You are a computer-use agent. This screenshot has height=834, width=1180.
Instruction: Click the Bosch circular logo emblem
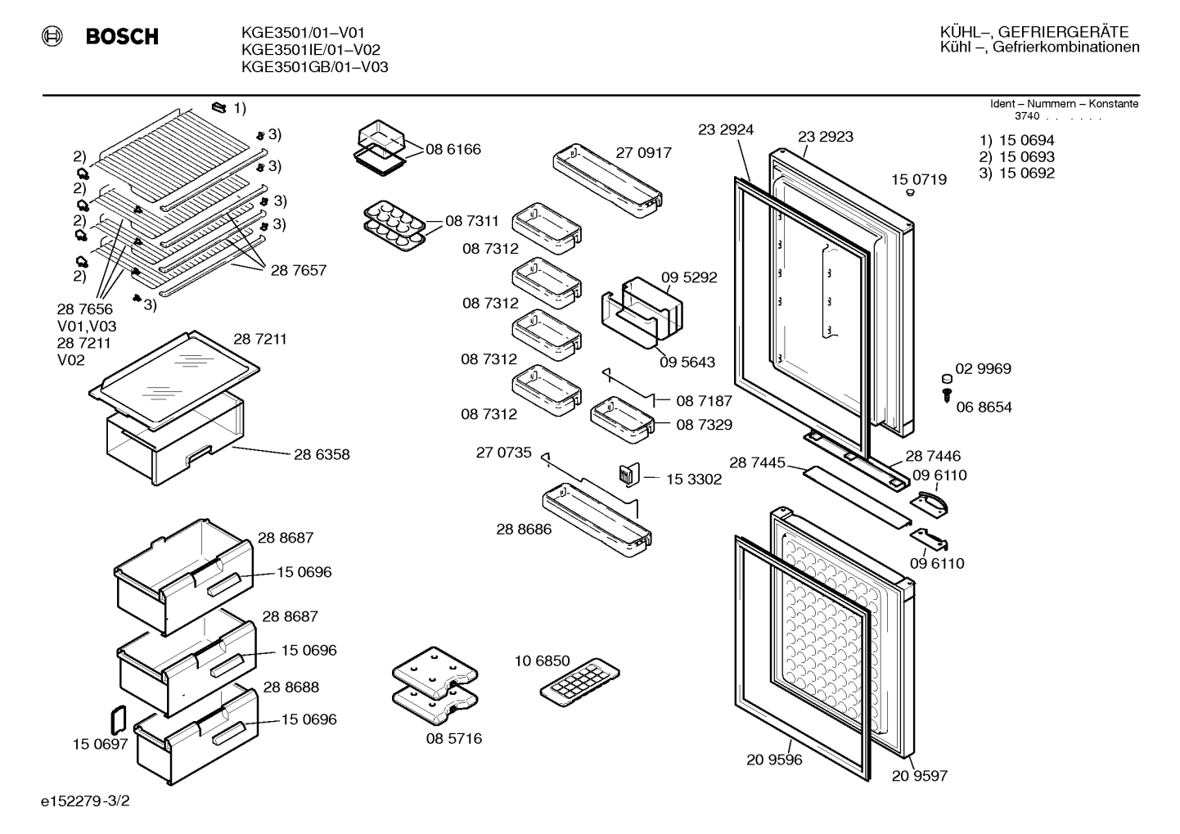click(x=52, y=36)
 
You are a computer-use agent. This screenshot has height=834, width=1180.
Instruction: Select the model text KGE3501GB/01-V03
click(x=314, y=67)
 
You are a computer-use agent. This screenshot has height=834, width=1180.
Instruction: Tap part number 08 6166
click(x=453, y=149)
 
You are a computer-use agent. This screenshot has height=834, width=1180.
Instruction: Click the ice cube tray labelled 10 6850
click(x=579, y=682)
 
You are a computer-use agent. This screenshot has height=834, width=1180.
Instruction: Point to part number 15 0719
click(x=919, y=180)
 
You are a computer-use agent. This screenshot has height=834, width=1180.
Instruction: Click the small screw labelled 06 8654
click(x=947, y=395)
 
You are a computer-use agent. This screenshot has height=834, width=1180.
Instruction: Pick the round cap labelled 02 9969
click(x=947, y=378)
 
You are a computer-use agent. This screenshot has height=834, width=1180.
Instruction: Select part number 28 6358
click(x=322, y=454)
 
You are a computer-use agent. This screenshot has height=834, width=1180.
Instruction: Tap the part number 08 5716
click(x=454, y=738)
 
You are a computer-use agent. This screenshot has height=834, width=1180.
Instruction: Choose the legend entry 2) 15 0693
click(x=1016, y=157)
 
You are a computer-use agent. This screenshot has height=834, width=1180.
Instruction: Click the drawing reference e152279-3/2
click(x=85, y=800)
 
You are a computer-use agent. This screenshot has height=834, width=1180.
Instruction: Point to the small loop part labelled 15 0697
click(x=118, y=719)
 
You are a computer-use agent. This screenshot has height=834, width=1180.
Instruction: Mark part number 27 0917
click(x=644, y=153)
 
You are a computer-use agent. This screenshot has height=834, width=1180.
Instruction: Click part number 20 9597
click(x=919, y=776)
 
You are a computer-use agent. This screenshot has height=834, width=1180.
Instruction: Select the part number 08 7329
click(x=704, y=425)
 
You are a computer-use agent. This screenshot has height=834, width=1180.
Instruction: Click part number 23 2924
click(x=726, y=129)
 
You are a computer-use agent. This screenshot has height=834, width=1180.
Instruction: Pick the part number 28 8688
click(x=291, y=687)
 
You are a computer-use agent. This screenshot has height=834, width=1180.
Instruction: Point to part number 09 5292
click(x=689, y=277)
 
